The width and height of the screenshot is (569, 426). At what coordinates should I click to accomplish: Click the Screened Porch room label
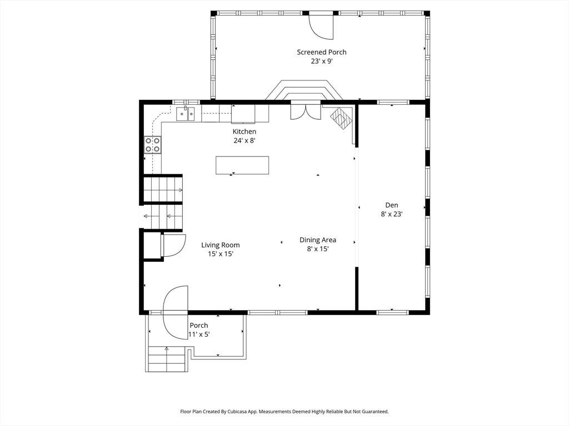tap(322, 52)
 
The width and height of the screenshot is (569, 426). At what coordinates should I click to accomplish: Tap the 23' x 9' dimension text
tap(322, 61)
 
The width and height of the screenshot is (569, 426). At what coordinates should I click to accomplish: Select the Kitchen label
tap(244, 131)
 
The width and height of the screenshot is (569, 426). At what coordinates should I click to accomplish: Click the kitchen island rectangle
tap(242, 165)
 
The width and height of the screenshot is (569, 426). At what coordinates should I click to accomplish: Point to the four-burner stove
tap(153, 145)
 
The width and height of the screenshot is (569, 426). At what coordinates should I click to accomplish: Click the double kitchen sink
tap(186, 114)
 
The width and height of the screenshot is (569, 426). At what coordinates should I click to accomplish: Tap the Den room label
tap(392, 205)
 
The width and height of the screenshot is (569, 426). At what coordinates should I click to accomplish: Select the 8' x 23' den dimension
tap(392, 214)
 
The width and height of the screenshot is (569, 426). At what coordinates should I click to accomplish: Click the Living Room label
tap(220, 245)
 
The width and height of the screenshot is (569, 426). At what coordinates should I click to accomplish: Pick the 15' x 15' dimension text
tap(220, 254)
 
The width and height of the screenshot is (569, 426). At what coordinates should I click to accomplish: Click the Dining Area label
tap(317, 240)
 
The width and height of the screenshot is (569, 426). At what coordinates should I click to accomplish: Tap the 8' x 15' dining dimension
tap(317, 249)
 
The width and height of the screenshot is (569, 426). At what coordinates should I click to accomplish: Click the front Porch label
tap(199, 325)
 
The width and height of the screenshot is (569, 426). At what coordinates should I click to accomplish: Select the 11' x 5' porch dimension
tap(199, 334)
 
